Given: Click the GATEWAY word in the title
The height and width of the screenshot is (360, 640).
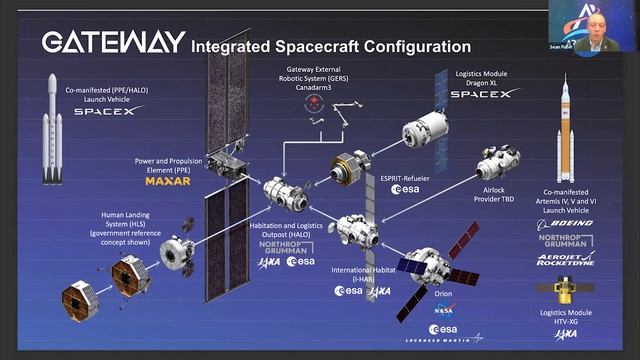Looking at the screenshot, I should point(112,43).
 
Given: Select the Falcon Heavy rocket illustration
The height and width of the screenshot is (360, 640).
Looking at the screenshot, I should point(52,130).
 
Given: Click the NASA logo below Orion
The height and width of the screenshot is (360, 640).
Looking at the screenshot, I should point(445,310).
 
